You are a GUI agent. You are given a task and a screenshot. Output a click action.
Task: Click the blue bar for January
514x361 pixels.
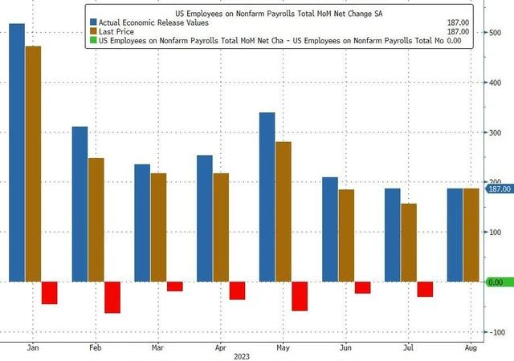point(17,152)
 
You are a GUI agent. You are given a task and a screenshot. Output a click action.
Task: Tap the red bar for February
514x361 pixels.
point(112,297)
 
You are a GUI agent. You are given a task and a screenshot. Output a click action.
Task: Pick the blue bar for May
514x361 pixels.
point(267,197)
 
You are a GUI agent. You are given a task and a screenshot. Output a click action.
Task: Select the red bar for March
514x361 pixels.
point(174,286)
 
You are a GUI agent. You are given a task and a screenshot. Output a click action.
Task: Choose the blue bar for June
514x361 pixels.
point(329,229)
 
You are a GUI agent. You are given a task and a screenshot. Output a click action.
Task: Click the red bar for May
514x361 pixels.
point(299,296)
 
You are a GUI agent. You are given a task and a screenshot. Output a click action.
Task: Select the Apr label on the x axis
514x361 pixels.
point(219,350)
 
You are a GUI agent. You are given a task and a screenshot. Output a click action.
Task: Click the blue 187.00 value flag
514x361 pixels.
point(499,189)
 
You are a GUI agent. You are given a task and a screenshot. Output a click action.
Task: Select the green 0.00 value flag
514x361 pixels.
point(498,282)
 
